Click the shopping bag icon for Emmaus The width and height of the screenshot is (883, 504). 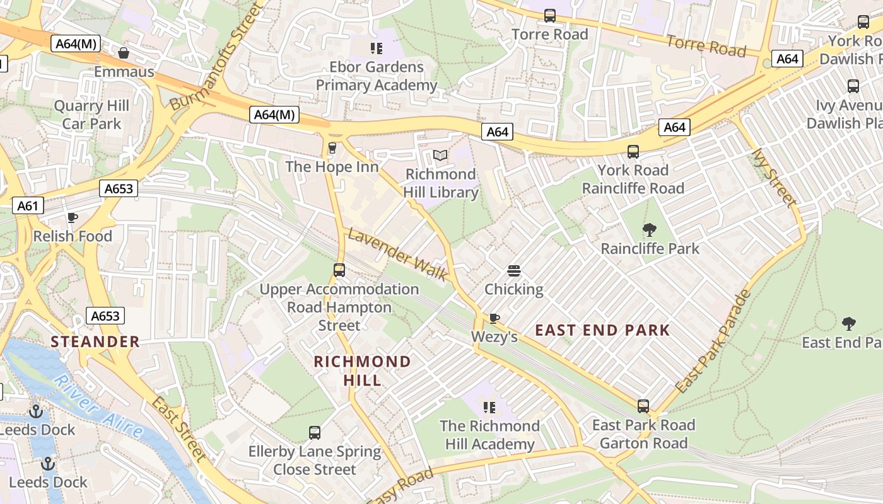coord(124,53)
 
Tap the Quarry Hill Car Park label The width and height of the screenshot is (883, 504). coord(91,115)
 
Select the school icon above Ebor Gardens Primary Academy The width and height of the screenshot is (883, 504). coord(377,48)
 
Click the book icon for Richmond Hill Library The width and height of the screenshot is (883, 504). coord(440,155)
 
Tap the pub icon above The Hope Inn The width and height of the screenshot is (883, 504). coord(332,148)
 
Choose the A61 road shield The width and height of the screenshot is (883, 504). coord(28,205)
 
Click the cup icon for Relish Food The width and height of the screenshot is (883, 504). coord(73,218)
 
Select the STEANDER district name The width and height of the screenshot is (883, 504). coord(95,342)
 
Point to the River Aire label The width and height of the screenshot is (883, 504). coord(98,406)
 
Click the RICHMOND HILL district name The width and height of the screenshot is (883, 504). coord(362,371)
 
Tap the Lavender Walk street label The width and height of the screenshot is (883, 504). coord(398,255)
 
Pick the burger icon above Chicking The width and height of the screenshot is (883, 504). coord(514,271)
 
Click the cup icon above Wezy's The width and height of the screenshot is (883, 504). coord(494,318)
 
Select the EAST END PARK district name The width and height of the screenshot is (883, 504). coord(602,330)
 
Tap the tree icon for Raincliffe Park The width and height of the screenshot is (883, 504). coord(649,230)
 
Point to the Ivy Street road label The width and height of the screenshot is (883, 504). coord(774,178)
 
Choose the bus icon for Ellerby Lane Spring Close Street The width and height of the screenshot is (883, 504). coord(315,433)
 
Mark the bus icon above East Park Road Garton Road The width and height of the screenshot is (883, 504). coord(643,406)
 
